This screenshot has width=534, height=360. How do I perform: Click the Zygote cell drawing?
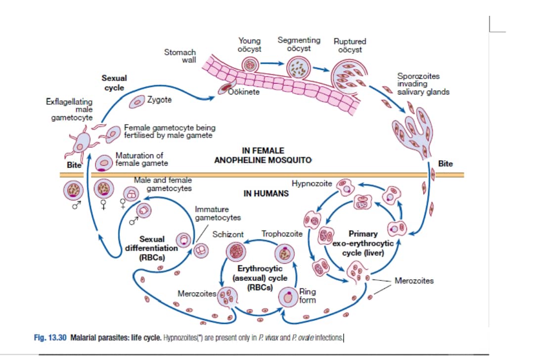click(x=136, y=101)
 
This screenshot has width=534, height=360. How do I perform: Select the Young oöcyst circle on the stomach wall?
click(x=250, y=64)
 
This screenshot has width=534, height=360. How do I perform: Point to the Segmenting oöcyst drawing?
click(x=299, y=68)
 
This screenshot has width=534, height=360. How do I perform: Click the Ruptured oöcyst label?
click(x=350, y=45)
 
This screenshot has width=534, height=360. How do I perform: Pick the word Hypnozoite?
click(x=312, y=183)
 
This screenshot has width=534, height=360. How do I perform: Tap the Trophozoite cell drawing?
click(x=287, y=253)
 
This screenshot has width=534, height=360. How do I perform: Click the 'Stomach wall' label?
click(x=180, y=56)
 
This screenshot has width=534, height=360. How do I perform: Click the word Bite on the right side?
click(x=445, y=164)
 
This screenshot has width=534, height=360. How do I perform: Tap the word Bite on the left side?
click(x=74, y=165)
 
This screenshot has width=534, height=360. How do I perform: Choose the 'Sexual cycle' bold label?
click(x=114, y=83)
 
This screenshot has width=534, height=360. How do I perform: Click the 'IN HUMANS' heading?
click(x=266, y=193)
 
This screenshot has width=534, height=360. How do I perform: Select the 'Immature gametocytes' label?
click(x=218, y=213)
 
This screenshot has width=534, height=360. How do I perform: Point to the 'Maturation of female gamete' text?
click(x=141, y=159)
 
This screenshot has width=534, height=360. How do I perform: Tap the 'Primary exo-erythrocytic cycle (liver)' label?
click(x=363, y=243)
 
